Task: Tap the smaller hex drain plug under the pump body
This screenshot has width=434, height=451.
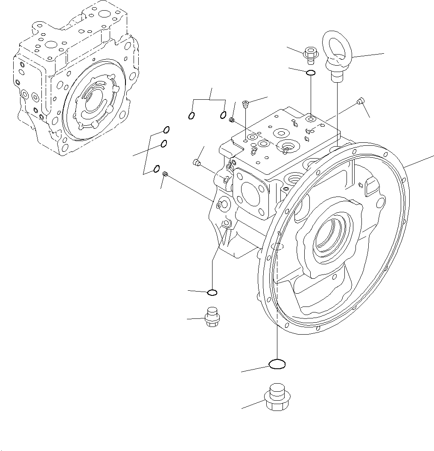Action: [x=212, y=318]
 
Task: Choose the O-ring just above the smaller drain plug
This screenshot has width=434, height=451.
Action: [x=212, y=292]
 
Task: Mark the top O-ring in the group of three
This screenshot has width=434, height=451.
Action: [x=166, y=130]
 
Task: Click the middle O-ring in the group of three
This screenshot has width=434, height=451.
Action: [x=163, y=144]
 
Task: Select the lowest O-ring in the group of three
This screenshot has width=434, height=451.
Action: [x=157, y=168]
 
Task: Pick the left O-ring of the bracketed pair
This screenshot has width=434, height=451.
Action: [x=192, y=115]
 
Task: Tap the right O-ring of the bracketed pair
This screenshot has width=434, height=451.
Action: [x=223, y=115]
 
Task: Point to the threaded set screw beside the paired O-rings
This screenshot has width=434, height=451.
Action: [x=233, y=120]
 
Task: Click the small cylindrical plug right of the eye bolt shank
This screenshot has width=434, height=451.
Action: [x=360, y=101]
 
